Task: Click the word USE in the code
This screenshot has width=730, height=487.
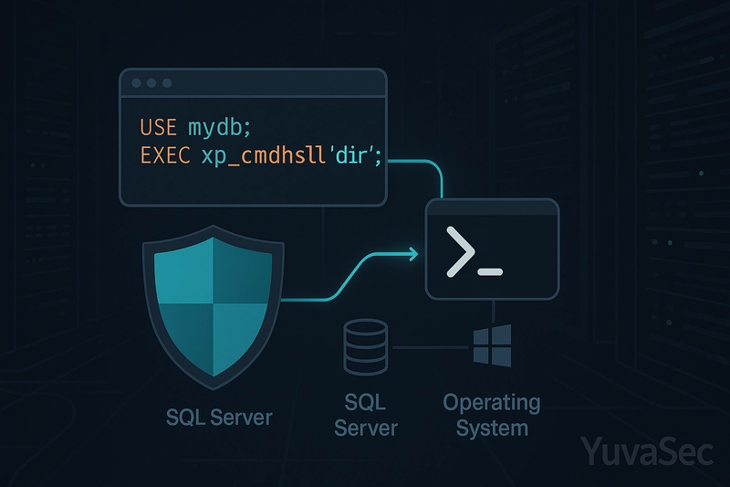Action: tap(158, 127)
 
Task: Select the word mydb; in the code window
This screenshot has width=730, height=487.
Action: tap(219, 128)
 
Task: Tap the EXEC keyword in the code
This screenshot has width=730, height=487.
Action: tap(165, 155)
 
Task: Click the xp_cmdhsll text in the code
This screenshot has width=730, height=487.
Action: tap(263, 156)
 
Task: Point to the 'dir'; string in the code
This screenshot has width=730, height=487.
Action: tap(355, 155)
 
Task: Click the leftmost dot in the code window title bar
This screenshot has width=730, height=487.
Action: tap(136, 83)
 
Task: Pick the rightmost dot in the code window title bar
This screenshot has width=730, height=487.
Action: tap(167, 83)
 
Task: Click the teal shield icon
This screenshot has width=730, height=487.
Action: tap(214, 307)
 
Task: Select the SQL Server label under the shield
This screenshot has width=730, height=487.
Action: tap(219, 417)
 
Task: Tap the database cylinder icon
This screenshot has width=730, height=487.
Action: tap(366, 346)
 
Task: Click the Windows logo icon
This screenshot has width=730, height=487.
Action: tap(492, 345)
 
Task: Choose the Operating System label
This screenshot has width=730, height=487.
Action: tap(492, 415)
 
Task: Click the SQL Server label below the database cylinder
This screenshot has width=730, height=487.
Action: tap(366, 415)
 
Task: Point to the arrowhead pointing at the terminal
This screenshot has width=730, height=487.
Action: tap(413, 254)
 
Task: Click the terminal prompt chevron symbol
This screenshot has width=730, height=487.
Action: tap(460, 251)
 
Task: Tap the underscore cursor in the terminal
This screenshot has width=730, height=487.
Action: tap(490, 271)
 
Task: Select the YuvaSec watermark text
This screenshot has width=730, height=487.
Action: tap(647, 451)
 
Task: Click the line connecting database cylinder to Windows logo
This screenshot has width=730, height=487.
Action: tap(431, 347)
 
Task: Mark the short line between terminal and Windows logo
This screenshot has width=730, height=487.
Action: tap(493, 312)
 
